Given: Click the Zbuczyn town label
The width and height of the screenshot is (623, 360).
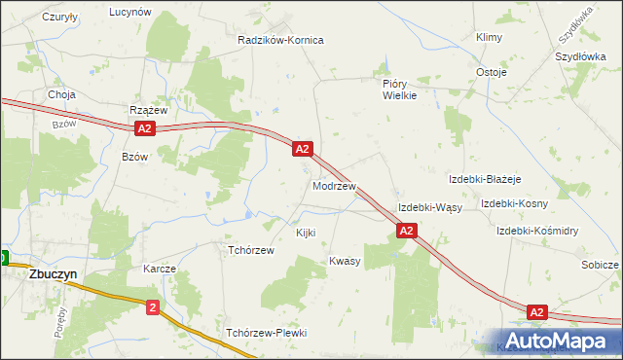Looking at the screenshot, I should pyautogui.click(x=40, y=274).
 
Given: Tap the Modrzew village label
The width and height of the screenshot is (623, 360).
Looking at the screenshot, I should pyautogui.click(x=334, y=185).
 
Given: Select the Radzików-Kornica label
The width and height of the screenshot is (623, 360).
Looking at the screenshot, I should pyautogui.click(x=280, y=40).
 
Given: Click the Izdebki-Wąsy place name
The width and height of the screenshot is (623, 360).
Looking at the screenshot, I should pyautogui.click(x=429, y=208).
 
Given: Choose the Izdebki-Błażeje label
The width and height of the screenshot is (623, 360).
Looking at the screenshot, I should pyautogui.click(x=486, y=180).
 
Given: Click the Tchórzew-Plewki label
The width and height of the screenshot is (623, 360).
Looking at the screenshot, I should pyautogui.click(x=267, y=333).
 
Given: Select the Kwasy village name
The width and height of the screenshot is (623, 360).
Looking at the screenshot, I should pyautogui.click(x=345, y=261).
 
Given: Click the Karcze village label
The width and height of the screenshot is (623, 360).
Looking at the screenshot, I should pyautogui.click(x=159, y=269).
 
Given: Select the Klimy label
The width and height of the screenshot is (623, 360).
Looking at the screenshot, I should pyautogui.click(x=488, y=37).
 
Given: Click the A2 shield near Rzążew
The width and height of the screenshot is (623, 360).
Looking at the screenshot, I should pyautogui.click(x=144, y=128).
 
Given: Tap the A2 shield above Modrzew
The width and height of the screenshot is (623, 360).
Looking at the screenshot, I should pyautogui.click(x=302, y=149).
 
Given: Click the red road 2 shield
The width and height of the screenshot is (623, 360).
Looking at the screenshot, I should pyautogui.click(x=153, y=307).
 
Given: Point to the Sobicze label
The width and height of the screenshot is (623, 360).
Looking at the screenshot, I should pyautogui.click(x=600, y=265).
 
